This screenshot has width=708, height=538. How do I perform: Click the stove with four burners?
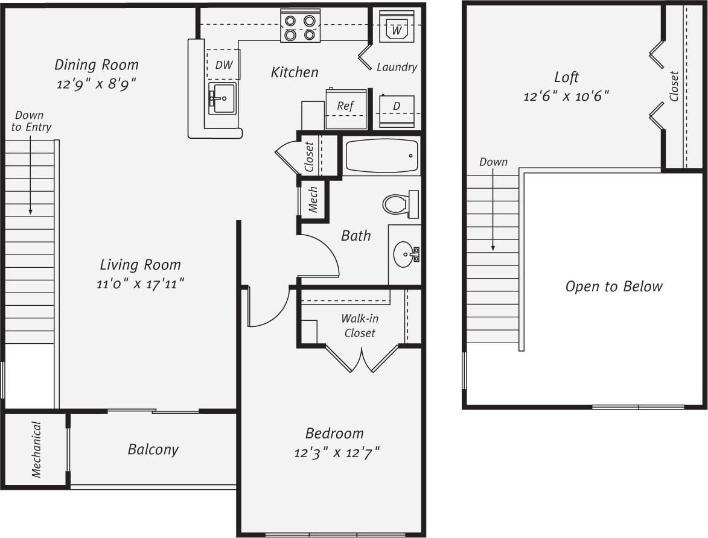point(300,27)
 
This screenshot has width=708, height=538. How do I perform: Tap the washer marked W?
point(397,27)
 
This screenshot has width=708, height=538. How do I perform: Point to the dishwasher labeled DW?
point(223,65)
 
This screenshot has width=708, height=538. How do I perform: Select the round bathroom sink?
point(405,255)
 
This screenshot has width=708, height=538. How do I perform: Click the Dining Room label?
point(97,65)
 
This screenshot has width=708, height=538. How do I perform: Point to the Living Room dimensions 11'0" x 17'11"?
point(140,283)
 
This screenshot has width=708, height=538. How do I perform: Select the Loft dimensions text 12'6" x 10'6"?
point(566,95)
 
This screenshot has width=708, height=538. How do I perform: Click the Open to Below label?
point(613,286)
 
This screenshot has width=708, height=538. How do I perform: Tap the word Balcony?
point(153,449)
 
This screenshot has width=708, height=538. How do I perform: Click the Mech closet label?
point(313,200)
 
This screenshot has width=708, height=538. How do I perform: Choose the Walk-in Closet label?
point(360,326)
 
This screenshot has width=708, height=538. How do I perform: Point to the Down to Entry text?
point(31,121)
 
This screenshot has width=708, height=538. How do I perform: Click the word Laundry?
point(397,67)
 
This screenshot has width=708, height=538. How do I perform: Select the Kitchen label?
point(295,72)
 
